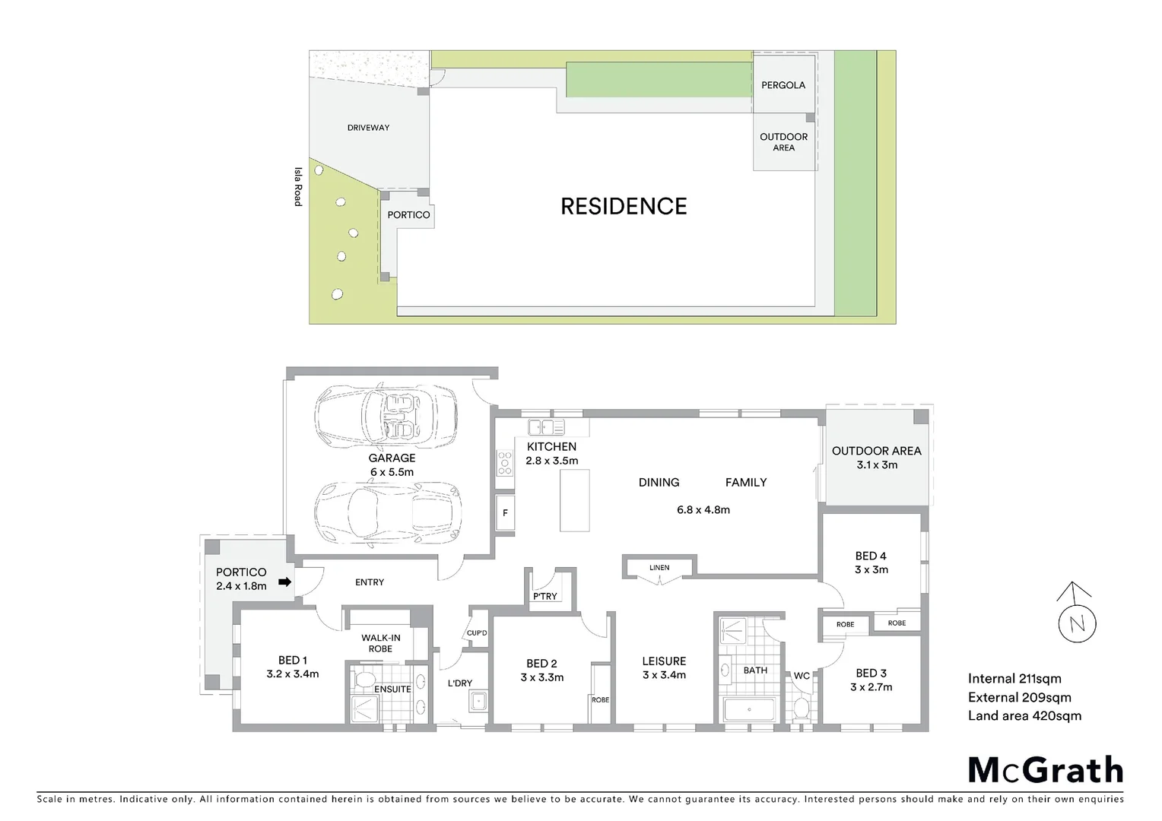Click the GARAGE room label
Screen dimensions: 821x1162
click(x=392, y=458)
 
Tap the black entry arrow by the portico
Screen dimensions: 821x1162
click(x=284, y=582)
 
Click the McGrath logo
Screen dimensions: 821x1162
click(x=1045, y=770)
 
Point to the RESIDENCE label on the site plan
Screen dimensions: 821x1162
click(x=624, y=206)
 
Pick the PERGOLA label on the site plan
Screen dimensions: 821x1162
click(x=783, y=85)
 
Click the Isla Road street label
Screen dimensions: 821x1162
click(x=298, y=186)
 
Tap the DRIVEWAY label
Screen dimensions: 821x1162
click(x=368, y=128)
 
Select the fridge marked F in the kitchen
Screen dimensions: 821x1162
click(x=505, y=514)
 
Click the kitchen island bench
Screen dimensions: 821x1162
click(x=575, y=500)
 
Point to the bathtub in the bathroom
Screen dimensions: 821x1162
click(x=748, y=712)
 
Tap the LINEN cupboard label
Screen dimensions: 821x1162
click(x=659, y=568)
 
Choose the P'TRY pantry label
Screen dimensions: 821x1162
click(x=544, y=597)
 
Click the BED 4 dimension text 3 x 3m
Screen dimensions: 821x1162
click(x=871, y=569)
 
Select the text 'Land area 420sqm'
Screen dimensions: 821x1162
click(x=1024, y=715)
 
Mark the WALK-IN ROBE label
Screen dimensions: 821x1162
click(x=380, y=643)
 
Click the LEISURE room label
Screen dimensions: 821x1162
click(x=664, y=661)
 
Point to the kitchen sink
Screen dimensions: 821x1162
click(x=547, y=426)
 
